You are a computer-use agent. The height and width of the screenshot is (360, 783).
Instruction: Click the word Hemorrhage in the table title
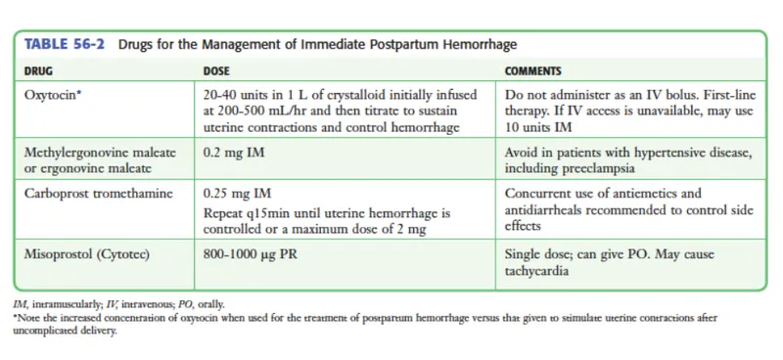coord(477,45)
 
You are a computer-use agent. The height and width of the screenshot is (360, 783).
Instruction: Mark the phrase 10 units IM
coord(541,128)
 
